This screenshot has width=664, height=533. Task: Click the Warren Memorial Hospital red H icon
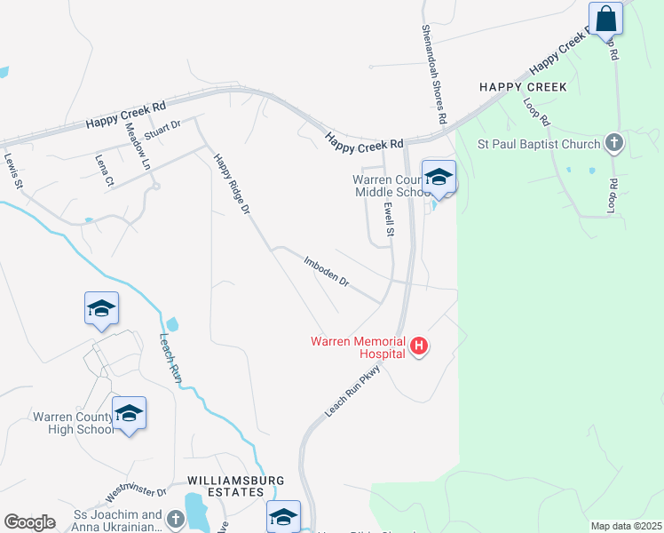(419, 346)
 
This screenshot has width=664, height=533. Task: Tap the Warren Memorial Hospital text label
(358, 346)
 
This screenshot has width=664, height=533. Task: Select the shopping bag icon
(605, 18)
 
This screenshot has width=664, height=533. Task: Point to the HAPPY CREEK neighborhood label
(522, 87)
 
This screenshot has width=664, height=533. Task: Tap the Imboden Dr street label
(327, 271)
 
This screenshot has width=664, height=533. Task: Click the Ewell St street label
(388, 219)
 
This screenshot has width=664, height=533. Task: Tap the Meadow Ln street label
(138, 147)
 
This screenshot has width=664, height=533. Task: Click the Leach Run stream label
(171, 357)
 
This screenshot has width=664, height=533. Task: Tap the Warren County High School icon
(130, 413)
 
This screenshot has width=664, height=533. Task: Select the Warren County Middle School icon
(439, 177)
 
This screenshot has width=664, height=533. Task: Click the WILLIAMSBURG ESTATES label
(225, 485)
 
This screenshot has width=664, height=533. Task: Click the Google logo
(29, 522)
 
